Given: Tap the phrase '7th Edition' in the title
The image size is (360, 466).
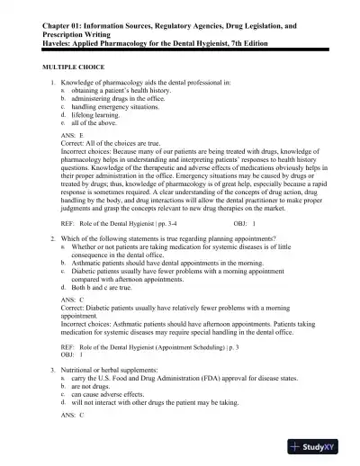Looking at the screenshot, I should click(263, 41).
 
